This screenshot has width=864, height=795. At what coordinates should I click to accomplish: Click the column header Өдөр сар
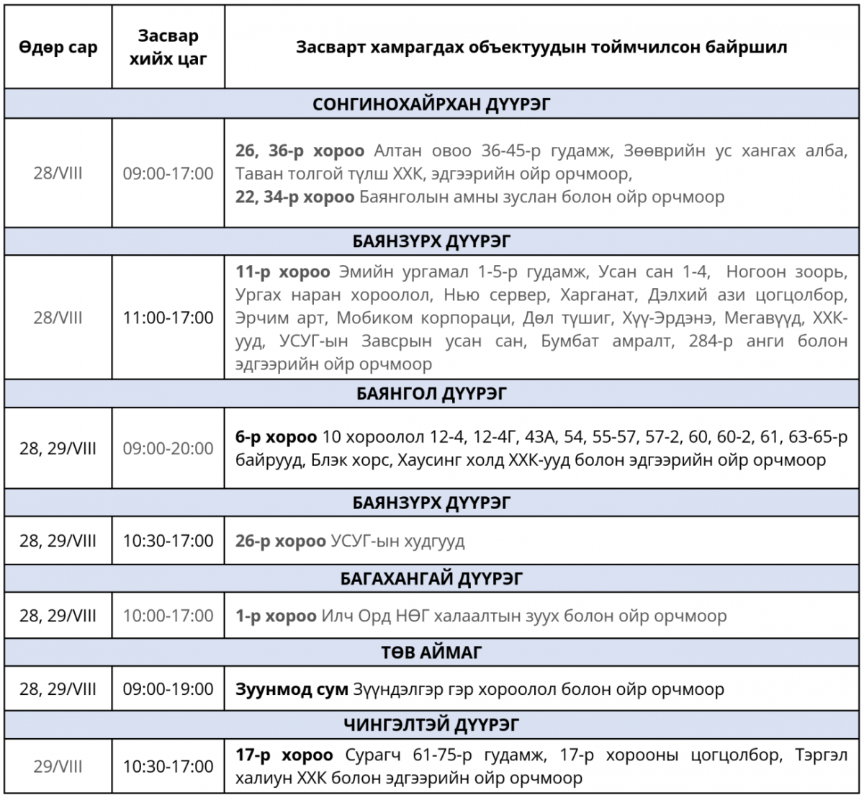pyautogui.click(x=58, y=48)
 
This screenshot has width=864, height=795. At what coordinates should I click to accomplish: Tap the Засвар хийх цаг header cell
pyautogui.click(x=168, y=48)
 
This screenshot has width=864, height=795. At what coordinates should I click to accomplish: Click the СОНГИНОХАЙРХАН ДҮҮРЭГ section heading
pyautogui.click(x=432, y=104)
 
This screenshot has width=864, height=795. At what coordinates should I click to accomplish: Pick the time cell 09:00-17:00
pyautogui.click(x=168, y=174)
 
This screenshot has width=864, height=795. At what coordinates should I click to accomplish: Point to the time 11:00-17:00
pyautogui.click(x=168, y=318)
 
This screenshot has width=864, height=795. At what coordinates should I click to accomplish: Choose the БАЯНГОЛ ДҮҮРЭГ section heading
pyautogui.click(x=432, y=394)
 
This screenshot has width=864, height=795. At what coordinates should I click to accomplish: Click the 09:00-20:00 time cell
pyautogui.click(x=168, y=449)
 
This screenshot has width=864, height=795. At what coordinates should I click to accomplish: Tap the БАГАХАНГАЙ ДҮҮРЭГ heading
pyautogui.click(x=432, y=578)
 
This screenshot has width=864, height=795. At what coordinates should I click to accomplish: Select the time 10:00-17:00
pyautogui.click(x=168, y=616)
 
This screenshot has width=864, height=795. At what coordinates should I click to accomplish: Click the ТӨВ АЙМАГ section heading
pyautogui.click(x=432, y=652)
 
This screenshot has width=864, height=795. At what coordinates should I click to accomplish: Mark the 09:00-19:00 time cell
pyautogui.click(x=168, y=689)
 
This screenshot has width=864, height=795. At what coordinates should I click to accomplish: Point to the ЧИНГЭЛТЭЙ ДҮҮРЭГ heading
pyautogui.click(x=432, y=725)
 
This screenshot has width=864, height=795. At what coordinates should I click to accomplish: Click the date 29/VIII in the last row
pyautogui.click(x=58, y=766)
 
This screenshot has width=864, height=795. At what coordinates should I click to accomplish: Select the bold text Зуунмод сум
pyautogui.click(x=292, y=689)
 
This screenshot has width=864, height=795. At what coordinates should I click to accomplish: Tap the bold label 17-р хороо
pyautogui.click(x=284, y=755)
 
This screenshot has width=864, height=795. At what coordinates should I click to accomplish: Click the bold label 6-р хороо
pyautogui.click(x=276, y=437)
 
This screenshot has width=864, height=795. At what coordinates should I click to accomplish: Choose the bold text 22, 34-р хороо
pyautogui.click(x=294, y=197)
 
